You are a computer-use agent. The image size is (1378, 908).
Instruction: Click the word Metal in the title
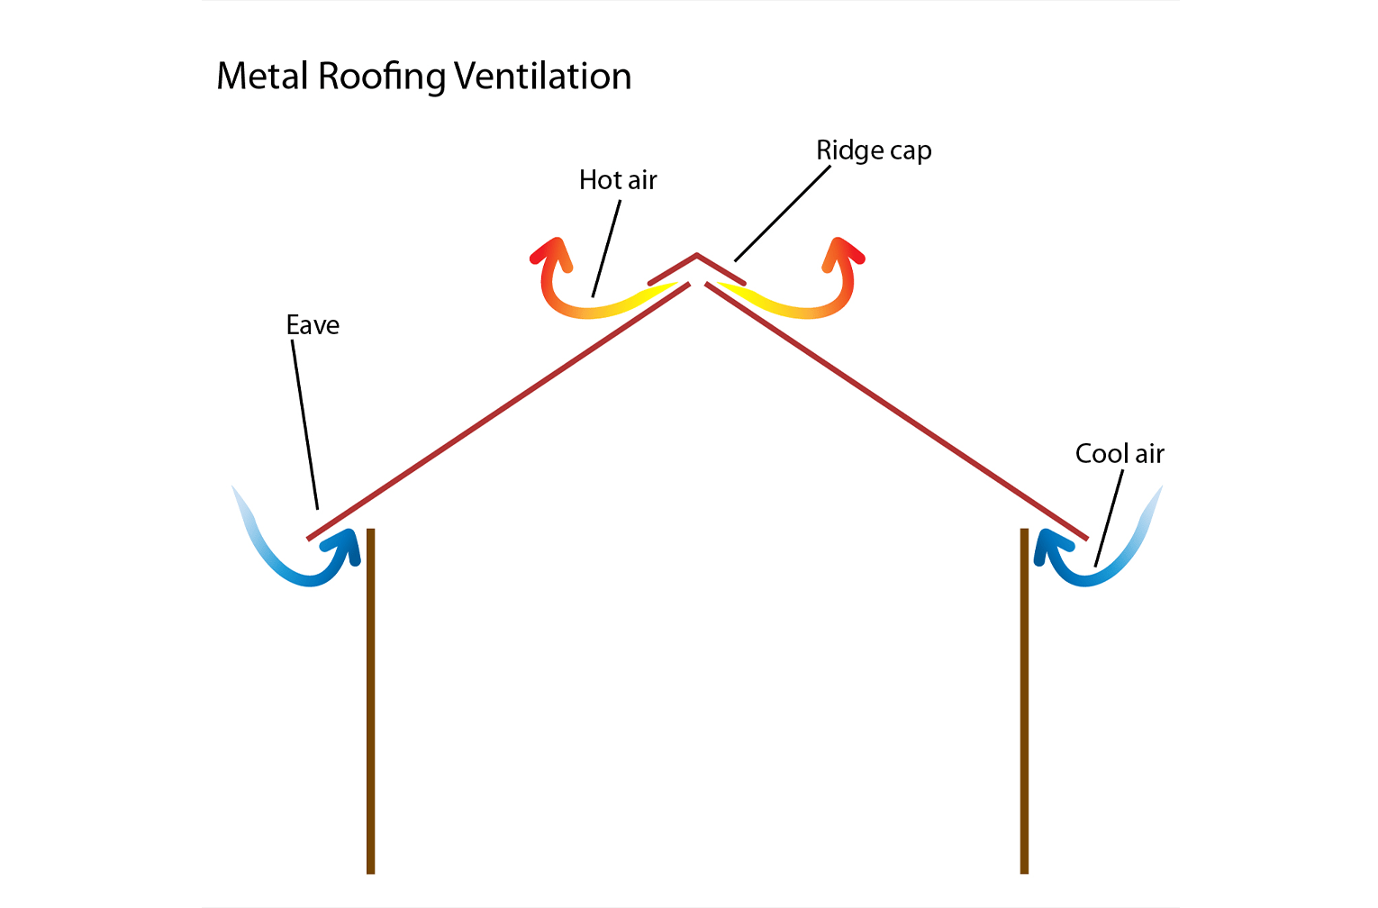point(264,77)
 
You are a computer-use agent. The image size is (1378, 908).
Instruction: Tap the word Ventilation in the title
point(542,77)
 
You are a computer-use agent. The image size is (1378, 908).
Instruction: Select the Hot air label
point(618,180)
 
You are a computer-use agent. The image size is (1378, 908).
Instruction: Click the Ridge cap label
point(874,150)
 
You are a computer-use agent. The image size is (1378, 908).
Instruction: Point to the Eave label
point(313,325)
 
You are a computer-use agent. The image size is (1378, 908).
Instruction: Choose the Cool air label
point(1120,454)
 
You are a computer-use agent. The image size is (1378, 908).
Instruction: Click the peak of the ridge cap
point(696,256)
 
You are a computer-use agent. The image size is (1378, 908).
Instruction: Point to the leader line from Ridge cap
point(782,214)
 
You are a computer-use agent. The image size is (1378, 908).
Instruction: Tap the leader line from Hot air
point(606,249)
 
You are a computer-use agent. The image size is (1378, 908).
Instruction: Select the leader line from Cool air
point(1109,519)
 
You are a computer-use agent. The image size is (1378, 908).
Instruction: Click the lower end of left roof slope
point(311,537)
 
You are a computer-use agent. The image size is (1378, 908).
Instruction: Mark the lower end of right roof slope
point(1084,537)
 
